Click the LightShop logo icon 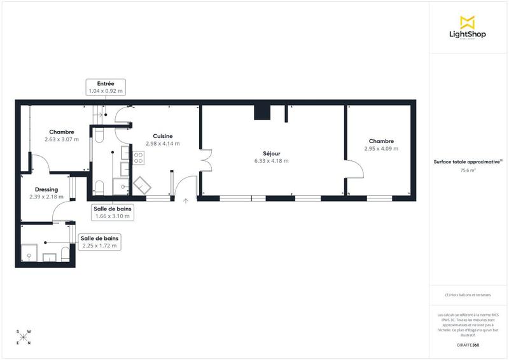pos(468,22)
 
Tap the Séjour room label pos(272,153)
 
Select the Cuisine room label pos(163,135)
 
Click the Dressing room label pos(46,190)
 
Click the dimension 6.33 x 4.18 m pos(272,161)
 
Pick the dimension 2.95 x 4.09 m pos(380,149)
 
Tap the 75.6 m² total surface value pos(468,170)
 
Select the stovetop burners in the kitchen pos(137,156)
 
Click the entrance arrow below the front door pos(186,201)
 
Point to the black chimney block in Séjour pos(262,113)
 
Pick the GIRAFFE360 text pos(468,345)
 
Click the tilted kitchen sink pos(142,184)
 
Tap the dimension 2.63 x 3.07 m pos(62,139)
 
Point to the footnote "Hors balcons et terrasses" pos(468,295)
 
